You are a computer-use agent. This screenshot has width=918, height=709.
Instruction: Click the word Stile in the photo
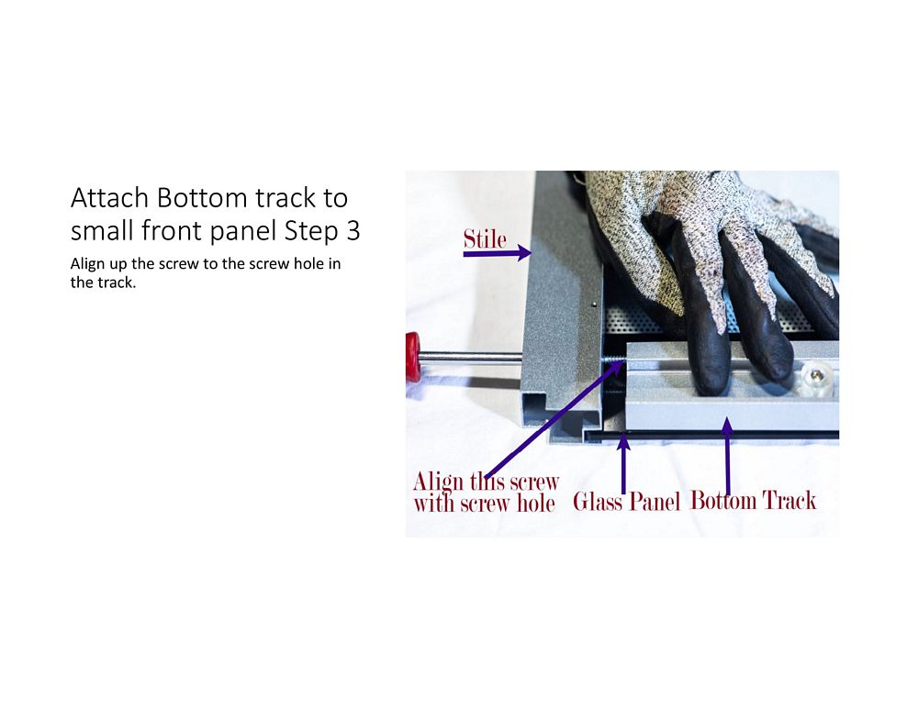tap(485, 239)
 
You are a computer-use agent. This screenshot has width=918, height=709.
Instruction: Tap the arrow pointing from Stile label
tap(497, 254)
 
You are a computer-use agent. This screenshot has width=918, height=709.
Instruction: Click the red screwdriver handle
tap(413, 357)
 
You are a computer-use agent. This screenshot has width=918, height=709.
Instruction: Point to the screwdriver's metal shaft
tap(471, 355)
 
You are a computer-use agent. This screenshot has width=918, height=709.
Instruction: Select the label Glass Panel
tap(626, 502)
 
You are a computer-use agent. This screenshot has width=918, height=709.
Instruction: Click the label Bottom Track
tap(754, 501)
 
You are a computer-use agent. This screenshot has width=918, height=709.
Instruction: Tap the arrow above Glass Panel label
tap(623, 464)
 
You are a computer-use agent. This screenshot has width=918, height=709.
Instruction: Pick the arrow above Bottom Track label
tap(727, 456)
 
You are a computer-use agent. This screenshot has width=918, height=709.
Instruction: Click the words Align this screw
tap(486, 482)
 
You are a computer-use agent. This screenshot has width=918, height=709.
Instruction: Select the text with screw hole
tap(484, 503)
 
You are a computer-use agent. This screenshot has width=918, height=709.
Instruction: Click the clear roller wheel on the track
tap(816, 375)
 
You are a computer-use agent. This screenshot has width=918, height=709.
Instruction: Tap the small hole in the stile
tap(594, 304)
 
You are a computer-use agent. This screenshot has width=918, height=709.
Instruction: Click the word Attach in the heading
tap(109, 198)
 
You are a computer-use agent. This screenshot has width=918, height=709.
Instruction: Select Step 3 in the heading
tap(322, 231)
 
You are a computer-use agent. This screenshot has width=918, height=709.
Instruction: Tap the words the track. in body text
tap(103, 282)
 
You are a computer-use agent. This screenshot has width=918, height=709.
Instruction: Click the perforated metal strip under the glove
tap(644, 321)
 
